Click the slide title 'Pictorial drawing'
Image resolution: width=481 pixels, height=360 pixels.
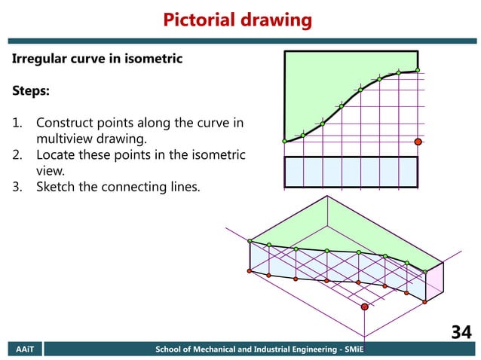[x=237, y=20]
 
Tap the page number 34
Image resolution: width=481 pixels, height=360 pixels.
[x=461, y=332]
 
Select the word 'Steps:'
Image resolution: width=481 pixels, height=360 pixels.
[x=31, y=91]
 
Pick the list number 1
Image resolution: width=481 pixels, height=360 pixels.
[x=17, y=123]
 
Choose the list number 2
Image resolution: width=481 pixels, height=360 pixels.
[x=17, y=155]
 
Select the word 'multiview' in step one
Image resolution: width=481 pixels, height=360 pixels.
[x=65, y=139]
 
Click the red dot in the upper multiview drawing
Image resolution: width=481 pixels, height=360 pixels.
[x=418, y=141]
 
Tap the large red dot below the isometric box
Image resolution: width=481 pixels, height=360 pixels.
[x=365, y=307]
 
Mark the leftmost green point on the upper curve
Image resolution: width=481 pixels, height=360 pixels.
[x=284, y=141]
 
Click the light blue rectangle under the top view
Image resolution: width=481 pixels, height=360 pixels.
[x=351, y=172]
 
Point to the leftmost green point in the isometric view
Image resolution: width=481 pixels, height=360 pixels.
[x=250, y=242]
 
